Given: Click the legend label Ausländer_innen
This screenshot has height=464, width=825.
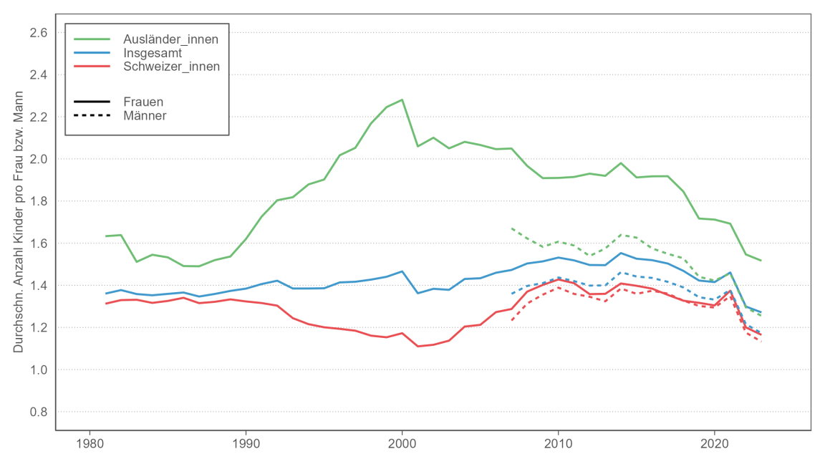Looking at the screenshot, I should point(170,39).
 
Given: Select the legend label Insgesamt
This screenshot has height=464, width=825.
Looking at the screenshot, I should point(152,53).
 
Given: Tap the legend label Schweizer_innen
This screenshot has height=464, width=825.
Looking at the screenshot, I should point(171,67).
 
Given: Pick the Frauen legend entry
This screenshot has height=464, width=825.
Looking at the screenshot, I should point(143,102).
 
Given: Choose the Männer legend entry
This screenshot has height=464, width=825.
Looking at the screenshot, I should point(145,115).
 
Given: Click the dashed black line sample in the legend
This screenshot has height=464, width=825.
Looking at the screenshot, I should point(91,115).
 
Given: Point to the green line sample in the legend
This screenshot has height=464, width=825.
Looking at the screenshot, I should point(91,39).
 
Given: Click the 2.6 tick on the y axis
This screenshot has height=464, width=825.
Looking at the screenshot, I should point(39,33).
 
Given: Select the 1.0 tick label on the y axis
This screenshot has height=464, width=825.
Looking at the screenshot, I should point(39,370).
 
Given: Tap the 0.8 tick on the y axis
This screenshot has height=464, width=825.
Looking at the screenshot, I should point(39,412).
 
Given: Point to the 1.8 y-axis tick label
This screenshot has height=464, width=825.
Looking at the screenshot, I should point(39,201).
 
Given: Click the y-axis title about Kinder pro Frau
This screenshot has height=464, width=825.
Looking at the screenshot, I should point(18,222).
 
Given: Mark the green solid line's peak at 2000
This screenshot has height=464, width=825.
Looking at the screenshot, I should point(402,100).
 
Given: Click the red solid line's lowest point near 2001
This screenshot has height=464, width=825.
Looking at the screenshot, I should point(418,347).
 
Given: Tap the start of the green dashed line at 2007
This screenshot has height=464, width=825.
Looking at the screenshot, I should point(511,228).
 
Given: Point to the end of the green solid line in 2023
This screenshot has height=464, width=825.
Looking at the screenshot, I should point(761,261).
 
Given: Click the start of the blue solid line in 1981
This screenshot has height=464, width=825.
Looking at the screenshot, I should point(106,294).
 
